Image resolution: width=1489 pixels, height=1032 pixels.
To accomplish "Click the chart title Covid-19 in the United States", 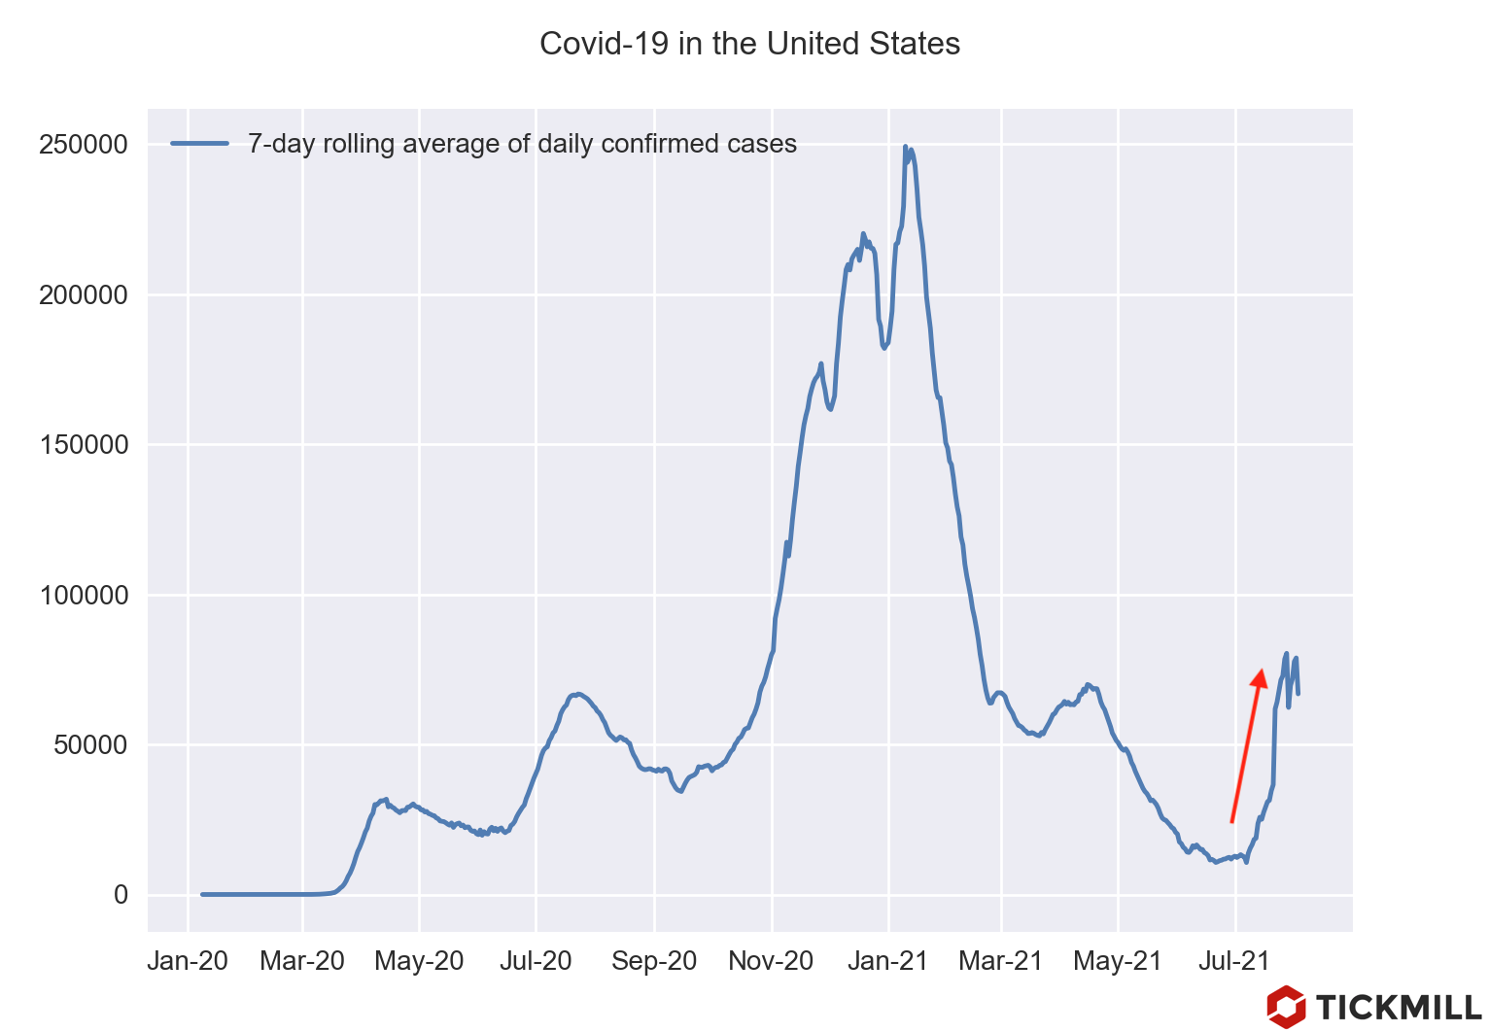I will (749, 44).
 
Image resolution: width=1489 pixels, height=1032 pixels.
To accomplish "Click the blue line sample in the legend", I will (199, 144).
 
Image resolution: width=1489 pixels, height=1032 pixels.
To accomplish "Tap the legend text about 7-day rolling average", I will (522, 144).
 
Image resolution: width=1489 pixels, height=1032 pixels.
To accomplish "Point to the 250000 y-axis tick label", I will (84, 145).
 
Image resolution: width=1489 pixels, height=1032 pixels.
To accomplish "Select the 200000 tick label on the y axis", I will (84, 295).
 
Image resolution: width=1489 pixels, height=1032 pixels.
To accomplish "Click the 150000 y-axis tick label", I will (84, 445).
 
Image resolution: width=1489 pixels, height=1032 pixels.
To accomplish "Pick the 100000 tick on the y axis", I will (84, 596).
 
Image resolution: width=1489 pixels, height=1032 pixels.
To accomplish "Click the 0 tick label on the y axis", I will (121, 895).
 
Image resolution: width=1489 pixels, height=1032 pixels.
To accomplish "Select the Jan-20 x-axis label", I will (188, 962).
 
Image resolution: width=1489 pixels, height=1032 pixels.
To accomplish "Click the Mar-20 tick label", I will (302, 962).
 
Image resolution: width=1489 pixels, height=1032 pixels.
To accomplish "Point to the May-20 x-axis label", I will (419, 962).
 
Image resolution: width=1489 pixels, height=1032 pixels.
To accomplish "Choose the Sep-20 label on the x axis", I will (654, 962).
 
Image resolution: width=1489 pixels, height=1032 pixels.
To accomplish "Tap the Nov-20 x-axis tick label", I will (771, 962).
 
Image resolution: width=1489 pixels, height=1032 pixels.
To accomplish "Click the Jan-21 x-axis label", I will (887, 962).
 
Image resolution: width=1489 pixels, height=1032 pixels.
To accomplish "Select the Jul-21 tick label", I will (1234, 962).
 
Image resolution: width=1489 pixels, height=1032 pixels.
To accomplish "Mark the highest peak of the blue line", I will (905, 148).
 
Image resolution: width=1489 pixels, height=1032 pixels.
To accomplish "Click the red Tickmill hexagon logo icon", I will (1286, 1007).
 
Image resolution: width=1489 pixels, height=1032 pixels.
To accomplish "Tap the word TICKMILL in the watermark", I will (1399, 1008).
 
